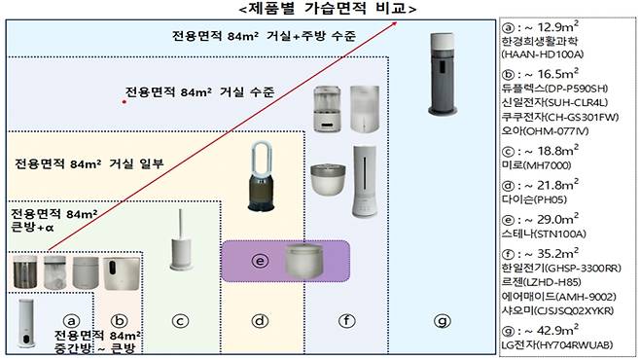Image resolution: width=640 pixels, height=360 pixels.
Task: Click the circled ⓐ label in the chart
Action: (70, 319)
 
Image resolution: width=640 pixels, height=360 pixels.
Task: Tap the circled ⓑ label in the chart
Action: (121, 319)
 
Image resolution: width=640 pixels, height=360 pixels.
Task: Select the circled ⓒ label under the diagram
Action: (179, 319)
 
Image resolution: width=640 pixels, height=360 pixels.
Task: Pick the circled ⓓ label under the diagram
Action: (260, 319)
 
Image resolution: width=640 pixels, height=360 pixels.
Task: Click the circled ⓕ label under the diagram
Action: (346, 319)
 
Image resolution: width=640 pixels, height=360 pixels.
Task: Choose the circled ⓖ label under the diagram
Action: (443, 319)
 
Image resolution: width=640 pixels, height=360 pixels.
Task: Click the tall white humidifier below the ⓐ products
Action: (27, 325)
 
